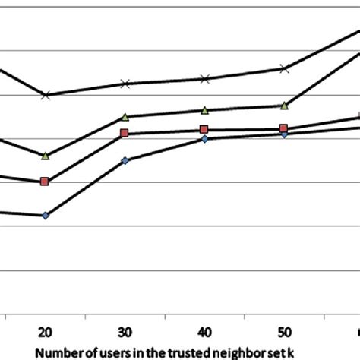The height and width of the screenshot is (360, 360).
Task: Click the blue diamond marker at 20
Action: point(45,216)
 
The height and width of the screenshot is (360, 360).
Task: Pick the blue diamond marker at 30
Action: point(125,160)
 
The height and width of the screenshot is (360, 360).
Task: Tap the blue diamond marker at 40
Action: point(204,139)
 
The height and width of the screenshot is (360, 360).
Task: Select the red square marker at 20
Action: point(45,182)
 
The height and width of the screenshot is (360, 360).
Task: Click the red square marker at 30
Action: point(125,134)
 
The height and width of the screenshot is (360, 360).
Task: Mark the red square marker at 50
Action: point(283,129)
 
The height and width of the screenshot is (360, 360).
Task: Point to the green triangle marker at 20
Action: point(45,156)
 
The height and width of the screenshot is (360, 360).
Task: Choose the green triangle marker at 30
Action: point(125,117)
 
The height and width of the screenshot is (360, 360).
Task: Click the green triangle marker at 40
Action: point(204,110)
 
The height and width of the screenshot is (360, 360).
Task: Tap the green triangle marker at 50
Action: point(283,106)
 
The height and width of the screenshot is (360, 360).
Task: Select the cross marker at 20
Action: point(46,95)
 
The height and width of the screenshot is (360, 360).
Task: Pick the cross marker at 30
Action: point(125,84)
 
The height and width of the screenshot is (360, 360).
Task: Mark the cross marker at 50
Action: point(283,68)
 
